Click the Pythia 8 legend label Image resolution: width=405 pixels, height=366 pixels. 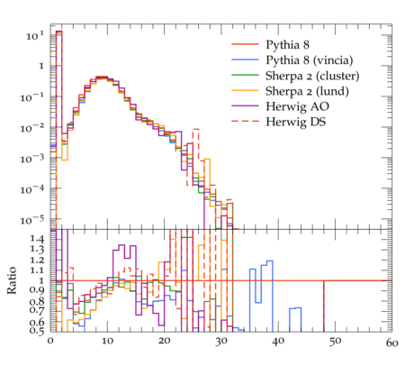(287, 44)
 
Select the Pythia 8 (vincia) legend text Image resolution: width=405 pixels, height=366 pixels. (310, 60)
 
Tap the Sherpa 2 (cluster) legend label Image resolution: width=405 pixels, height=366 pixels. (312, 76)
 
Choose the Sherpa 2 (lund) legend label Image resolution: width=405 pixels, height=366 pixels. (307, 91)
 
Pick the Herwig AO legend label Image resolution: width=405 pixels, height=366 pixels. (297, 106)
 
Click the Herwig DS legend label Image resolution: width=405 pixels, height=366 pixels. (295, 122)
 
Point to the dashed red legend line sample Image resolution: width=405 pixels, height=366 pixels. (245, 122)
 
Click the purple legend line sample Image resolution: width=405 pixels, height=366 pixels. (245, 105)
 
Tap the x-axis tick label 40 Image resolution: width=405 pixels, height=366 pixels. (278, 341)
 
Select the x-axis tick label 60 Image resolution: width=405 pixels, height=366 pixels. (391, 343)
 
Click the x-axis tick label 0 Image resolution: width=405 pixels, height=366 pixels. (50, 341)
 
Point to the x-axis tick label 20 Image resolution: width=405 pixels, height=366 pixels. (165, 341)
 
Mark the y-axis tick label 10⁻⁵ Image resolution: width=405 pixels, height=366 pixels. (31, 220)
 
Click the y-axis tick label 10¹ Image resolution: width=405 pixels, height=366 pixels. (35, 36)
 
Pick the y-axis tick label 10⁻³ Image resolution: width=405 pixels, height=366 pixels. (31, 159)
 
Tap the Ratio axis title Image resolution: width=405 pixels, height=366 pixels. (12, 280)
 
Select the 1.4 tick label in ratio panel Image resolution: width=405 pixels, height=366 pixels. (37, 239)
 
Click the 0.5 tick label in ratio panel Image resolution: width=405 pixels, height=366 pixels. (37, 331)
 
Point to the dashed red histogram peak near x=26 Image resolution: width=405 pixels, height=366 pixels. (196, 129)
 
